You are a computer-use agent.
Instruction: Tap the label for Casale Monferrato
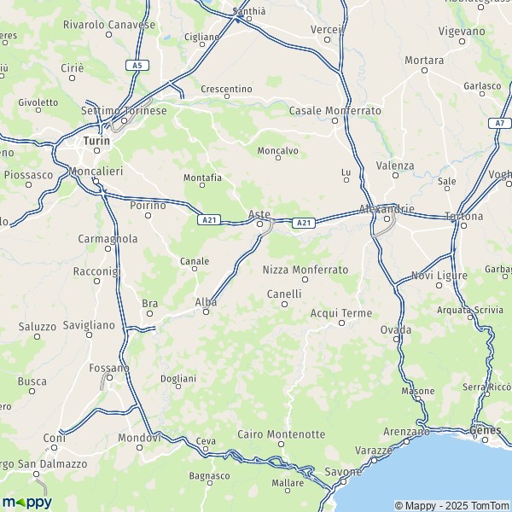click(335, 111)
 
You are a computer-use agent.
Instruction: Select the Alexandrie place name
click(387, 208)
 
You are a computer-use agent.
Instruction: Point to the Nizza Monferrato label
click(305, 269)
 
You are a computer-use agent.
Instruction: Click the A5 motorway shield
click(137, 65)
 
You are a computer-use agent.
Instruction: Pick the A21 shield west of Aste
click(209, 220)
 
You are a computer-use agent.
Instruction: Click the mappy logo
click(26, 501)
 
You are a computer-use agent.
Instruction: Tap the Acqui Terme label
click(341, 313)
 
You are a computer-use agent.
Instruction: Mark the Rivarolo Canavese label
click(109, 25)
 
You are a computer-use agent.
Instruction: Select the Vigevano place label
click(461, 31)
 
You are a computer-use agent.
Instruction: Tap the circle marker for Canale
click(195, 270)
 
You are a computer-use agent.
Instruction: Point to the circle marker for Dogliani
click(177, 387)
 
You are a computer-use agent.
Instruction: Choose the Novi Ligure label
click(439, 276)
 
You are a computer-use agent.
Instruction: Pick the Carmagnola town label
click(108, 239)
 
